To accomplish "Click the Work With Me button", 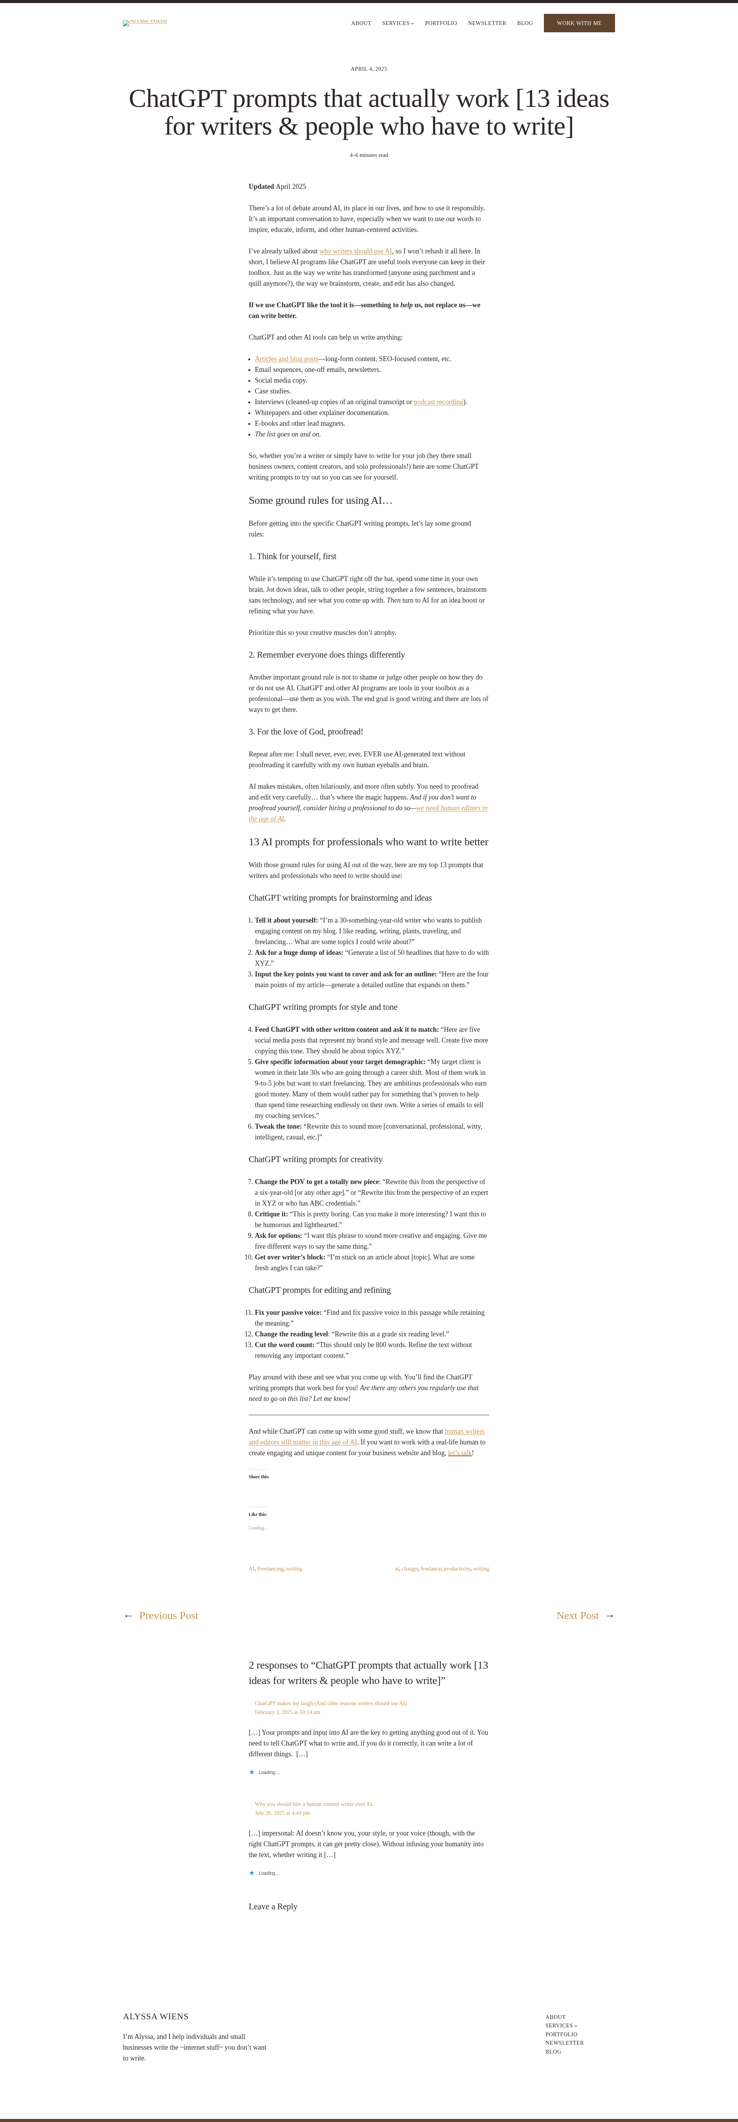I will [x=579, y=23].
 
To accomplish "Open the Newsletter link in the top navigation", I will [x=487, y=23].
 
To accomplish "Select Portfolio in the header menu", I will [x=440, y=23].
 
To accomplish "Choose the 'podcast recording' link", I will [x=438, y=402].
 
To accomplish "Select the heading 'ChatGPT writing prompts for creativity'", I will [x=316, y=1159].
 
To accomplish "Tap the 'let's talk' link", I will [x=460, y=1453].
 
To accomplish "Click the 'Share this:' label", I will [x=259, y=1477].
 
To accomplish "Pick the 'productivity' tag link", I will [x=457, y=1569].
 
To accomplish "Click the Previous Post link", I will [x=168, y=1616].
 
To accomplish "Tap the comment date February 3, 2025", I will [x=288, y=1712].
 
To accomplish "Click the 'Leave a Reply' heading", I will [x=273, y=1906].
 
